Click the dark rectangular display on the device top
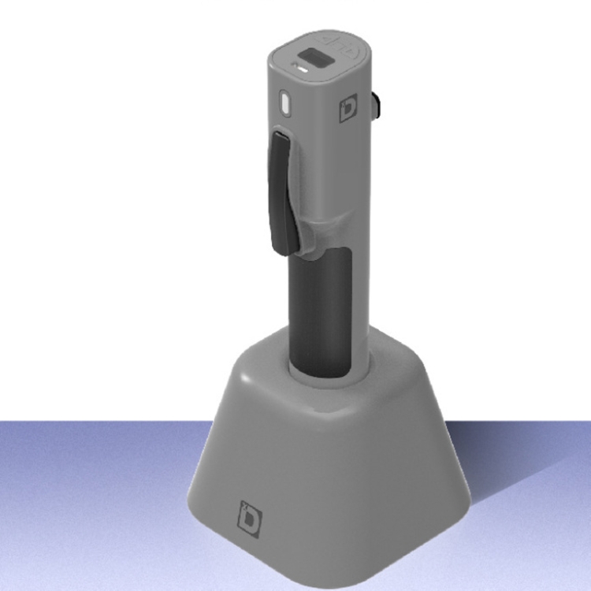[x=314, y=58]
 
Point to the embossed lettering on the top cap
[x=340, y=42]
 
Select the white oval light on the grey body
[x=285, y=103]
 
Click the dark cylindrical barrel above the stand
[x=319, y=315]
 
